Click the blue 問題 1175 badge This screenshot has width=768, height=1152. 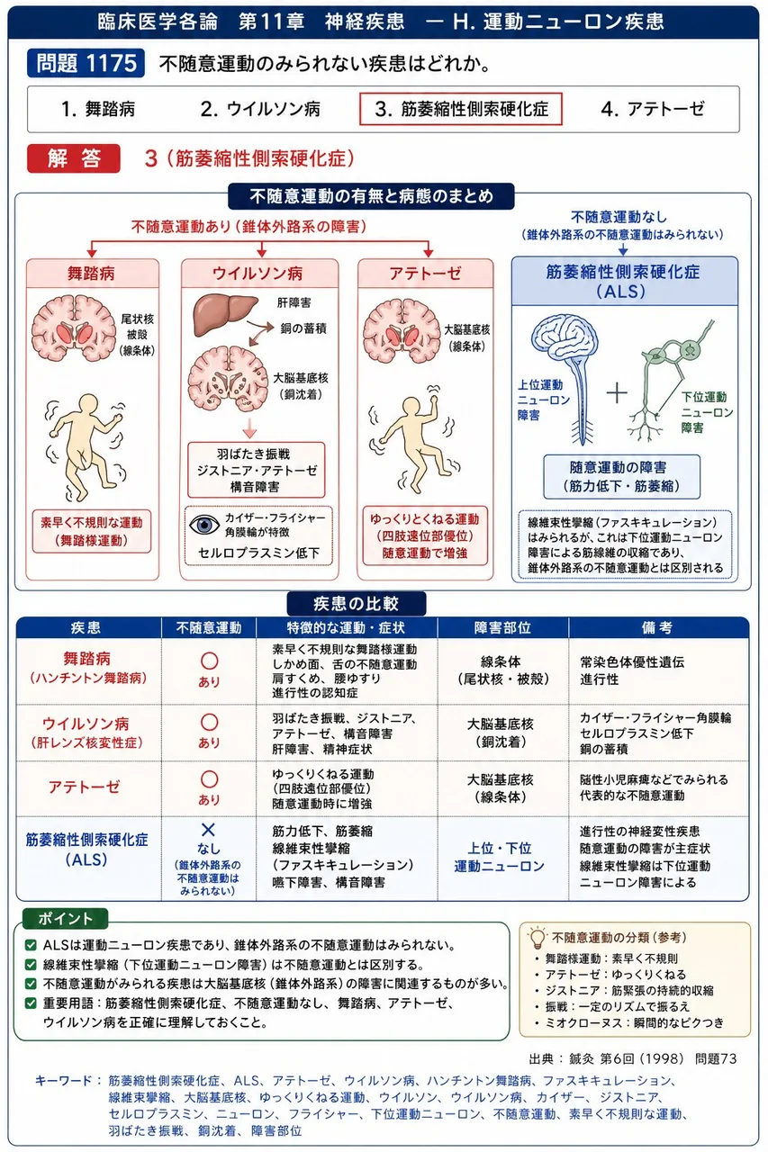tap(86, 63)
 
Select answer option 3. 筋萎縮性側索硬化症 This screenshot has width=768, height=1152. tap(460, 109)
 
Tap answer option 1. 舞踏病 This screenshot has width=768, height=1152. tap(98, 109)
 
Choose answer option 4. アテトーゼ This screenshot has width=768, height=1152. tap(652, 109)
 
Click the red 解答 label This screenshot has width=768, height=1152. tap(74, 158)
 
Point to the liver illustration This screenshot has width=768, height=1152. tap(224, 315)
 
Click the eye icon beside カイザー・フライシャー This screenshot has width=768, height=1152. tap(204, 525)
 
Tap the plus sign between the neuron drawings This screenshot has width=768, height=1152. tap(617, 394)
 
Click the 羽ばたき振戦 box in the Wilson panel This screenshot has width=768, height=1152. tap(257, 470)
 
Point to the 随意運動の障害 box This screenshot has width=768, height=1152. tap(621, 477)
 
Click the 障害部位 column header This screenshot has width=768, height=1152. tap(502, 627)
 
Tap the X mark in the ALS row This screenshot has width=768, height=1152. tap(208, 829)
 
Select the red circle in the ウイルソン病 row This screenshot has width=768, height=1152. tap(209, 723)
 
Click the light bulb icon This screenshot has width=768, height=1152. tap(537, 938)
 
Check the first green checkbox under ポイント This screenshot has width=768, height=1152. tap(31, 945)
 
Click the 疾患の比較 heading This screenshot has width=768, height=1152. tap(356, 603)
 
